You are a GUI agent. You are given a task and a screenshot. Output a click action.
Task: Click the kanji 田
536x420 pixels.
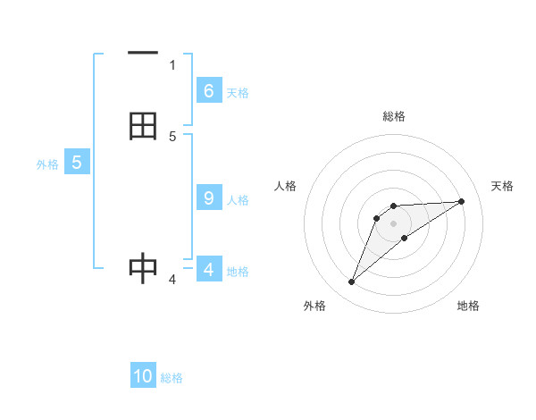[x=143, y=127]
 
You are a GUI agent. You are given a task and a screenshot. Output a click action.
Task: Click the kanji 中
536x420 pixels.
[x=143, y=267]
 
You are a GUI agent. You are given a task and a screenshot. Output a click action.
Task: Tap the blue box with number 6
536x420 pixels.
[x=208, y=90]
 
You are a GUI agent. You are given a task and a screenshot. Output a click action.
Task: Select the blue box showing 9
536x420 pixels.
[x=208, y=197]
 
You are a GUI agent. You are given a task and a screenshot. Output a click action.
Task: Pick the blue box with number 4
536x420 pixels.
[x=208, y=269]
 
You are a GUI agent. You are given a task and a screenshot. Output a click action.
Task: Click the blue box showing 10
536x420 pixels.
[x=143, y=376]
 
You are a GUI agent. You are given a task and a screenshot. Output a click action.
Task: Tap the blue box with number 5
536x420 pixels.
[x=77, y=163]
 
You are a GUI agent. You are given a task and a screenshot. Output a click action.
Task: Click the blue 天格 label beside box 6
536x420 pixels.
[x=238, y=92]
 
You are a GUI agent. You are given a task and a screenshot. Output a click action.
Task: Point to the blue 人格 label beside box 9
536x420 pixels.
[x=238, y=199]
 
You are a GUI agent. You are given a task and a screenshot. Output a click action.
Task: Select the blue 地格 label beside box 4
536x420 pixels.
[x=238, y=271]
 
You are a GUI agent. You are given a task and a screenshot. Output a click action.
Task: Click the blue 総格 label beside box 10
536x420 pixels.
[x=172, y=378]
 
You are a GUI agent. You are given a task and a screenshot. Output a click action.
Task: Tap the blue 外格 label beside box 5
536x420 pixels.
[x=47, y=164]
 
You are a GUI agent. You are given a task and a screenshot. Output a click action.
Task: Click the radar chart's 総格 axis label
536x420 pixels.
[x=394, y=116]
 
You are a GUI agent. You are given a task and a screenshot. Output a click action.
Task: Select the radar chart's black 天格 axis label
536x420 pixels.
[x=503, y=186]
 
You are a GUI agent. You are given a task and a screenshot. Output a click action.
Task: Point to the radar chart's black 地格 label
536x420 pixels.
[x=468, y=306]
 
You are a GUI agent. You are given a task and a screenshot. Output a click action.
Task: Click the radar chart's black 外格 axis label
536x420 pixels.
[x=314, y=306]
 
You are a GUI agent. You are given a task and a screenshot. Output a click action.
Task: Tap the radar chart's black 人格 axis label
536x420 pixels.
[x=286, y=186]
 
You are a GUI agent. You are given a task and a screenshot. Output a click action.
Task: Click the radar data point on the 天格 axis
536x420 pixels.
[x=462, y=201]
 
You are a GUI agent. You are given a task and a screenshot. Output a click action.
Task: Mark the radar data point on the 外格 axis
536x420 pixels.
[x=352, y=282]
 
